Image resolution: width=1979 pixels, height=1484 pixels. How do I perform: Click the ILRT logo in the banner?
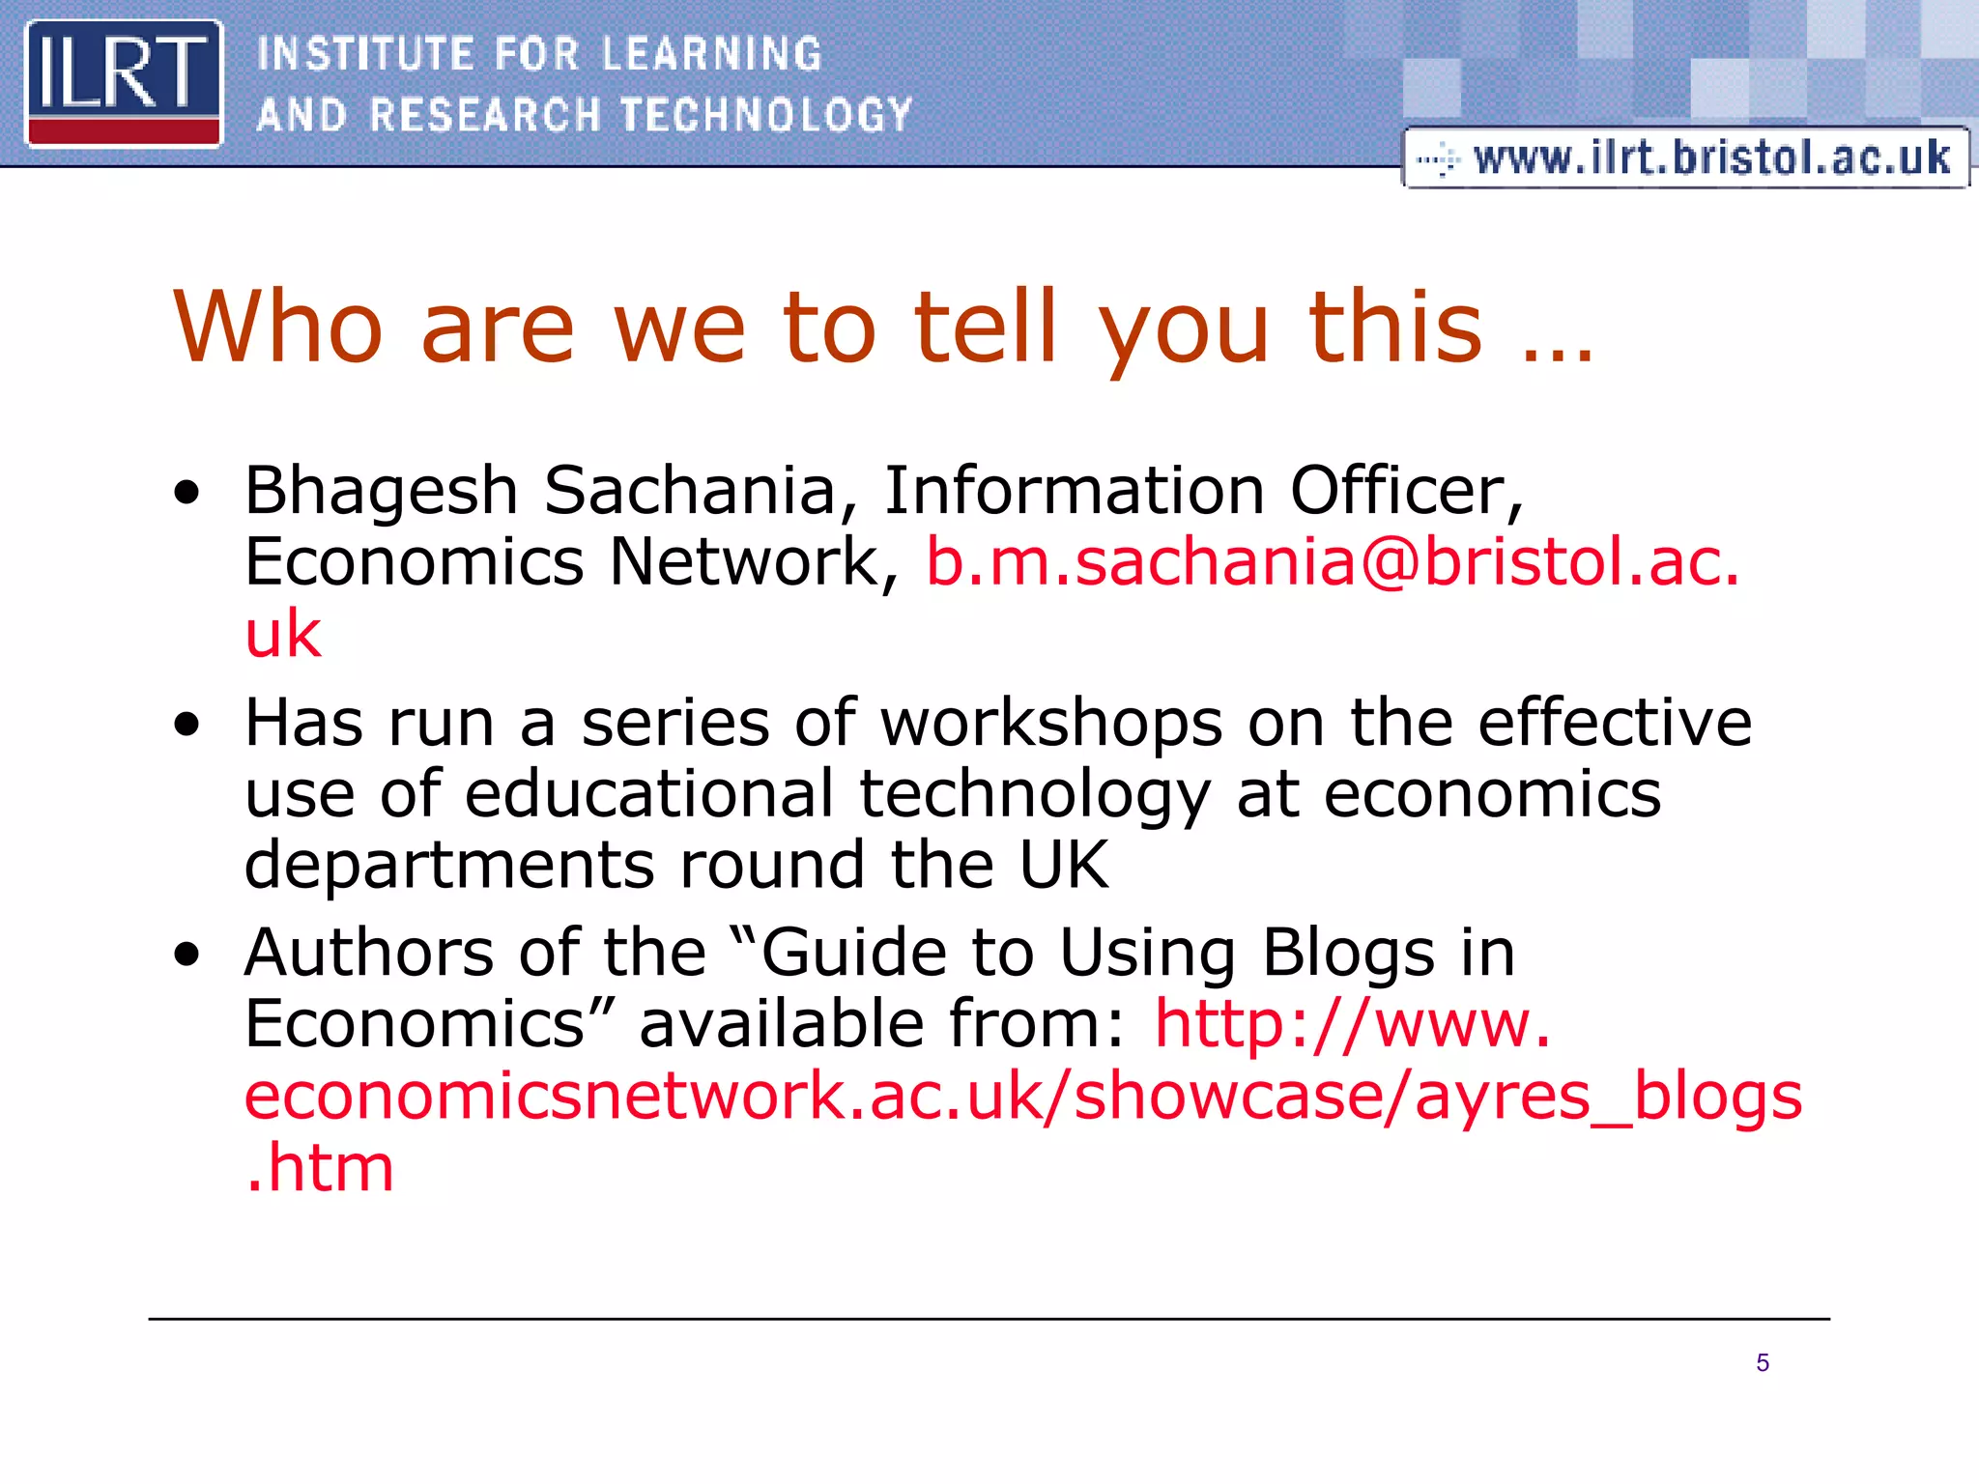click(x=124, y=84)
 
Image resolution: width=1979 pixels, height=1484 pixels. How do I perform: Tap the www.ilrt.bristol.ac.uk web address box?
click(x=1685, y=157)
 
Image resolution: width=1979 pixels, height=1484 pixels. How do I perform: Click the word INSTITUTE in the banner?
click(x=365, y=54)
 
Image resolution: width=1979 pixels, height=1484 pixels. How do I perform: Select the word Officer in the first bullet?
click(x=1406, y=491)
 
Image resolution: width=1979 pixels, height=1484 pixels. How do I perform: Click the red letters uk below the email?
click(x=282, y=635)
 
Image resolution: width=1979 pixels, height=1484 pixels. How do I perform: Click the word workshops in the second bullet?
click(x=1051, y=723)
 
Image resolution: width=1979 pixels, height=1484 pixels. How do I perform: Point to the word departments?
click(x=449, y=865)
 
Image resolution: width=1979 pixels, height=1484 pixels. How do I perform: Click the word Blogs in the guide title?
click(x=1349, y=955)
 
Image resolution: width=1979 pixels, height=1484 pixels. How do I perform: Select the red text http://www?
click(x=1353, y=1024)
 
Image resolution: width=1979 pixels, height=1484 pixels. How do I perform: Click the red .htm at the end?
click(x=320, y=1167)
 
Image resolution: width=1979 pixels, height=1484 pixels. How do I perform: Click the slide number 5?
click(x=1763, y=1363)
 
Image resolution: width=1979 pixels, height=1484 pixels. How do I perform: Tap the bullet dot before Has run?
click(x=187, y=726)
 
